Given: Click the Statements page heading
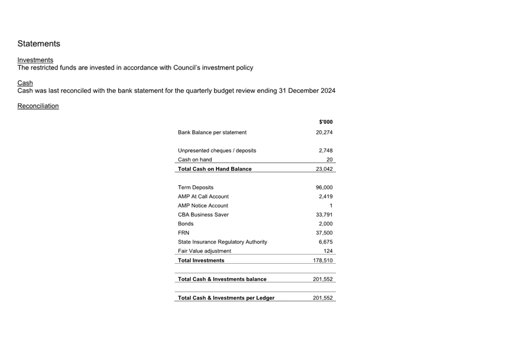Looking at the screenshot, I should point(38,44).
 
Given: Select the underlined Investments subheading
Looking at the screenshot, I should point(35,60).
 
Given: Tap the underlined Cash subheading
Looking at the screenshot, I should point(25,83).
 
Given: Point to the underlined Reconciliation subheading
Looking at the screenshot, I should point(38,106).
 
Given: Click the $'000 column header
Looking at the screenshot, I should point(325,122).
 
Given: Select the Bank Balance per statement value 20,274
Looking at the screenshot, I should point(324,132).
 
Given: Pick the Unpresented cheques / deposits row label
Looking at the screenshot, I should point(217,151).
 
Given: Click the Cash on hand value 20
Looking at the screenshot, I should point(329,160).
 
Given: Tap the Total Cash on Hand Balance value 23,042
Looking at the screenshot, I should point(324,169).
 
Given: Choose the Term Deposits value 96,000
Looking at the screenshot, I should point(324,187).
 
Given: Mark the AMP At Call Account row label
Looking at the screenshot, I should point(203,197).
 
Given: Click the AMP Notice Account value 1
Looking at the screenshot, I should point(331,206).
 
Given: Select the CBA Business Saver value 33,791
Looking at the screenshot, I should point(324,215).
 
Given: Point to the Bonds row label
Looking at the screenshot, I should point(186,224).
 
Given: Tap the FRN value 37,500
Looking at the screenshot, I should point(324,233).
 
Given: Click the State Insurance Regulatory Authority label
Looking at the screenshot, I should point(223,242).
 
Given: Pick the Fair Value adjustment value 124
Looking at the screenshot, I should point(328,251).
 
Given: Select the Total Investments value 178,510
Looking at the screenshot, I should point(323,260).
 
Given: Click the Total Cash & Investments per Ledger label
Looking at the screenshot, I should point(226,298).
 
